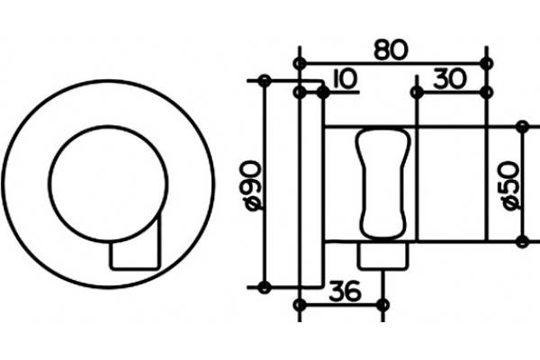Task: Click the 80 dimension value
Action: (391, 50)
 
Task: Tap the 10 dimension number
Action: (346, 79)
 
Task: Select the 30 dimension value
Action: (450, 78)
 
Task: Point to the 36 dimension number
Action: (346, 291)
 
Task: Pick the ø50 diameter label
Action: (511, 185)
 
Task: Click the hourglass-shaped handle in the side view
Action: (382, 184)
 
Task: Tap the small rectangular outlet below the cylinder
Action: (382, 256)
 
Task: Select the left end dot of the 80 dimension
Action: (300, 64)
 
